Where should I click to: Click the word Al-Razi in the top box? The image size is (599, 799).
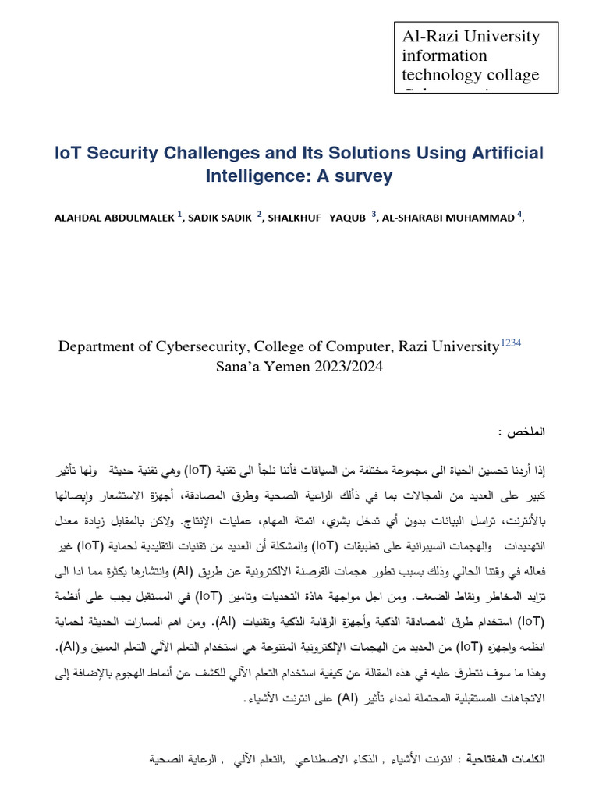[x=427, y=37]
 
